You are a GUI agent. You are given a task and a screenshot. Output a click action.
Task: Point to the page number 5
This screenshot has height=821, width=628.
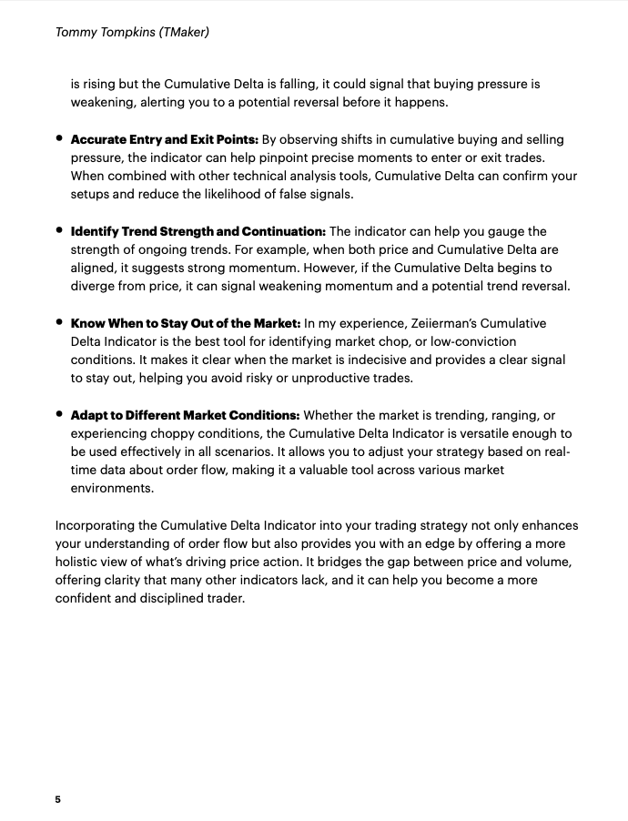58,799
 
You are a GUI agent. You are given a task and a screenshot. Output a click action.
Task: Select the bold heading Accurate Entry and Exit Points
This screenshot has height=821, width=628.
165,139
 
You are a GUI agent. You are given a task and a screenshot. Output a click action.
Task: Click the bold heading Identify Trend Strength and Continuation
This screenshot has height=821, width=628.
198,231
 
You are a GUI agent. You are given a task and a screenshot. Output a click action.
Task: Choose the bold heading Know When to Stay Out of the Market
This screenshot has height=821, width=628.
186,323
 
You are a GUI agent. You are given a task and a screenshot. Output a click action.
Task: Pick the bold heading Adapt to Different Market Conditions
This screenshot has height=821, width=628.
185,415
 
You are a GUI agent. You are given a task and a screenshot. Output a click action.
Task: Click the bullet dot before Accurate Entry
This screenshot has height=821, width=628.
59,139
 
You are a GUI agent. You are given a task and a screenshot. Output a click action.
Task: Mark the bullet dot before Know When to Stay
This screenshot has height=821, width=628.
59,322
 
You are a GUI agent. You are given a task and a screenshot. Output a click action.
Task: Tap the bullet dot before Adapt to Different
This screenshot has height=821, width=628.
59,414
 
